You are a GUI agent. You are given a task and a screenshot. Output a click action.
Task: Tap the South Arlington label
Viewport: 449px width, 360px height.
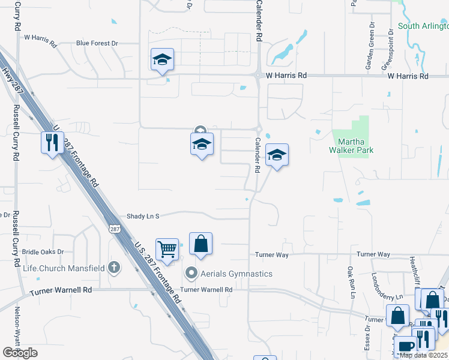pyautogui.click(x=423, y=26)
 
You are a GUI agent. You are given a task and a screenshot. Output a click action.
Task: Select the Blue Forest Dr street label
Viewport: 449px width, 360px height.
pyautogui.click(x=97, y=43)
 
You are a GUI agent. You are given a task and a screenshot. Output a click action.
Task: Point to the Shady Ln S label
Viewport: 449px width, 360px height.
pyautogui.click(x=142, y=216)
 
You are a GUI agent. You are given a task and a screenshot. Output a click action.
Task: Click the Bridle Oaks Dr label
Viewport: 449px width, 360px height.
pyautogui.click(x=43, y=252)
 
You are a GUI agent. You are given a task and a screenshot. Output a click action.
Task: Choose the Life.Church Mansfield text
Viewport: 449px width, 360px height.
pyautogui.click(x=64, y=268)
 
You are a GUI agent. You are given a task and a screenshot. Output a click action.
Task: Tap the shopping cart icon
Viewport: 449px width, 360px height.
pyautogui.click(x=167, y=247)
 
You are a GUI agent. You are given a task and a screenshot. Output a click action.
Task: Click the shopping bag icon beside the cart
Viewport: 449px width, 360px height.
pyautogui.click(x=201, y=244)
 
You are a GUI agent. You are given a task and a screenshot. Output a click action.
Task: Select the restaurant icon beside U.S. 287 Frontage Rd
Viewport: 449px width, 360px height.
pyautogui.click(x=52, y=142)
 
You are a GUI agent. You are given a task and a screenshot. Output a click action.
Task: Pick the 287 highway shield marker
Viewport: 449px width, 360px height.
pyautogui.click(x=114, y=229)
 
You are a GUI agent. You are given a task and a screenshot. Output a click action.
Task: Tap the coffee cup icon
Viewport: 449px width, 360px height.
pyautogui.click(x=406, y=346)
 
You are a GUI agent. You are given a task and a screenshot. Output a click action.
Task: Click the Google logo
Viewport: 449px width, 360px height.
pyautogui.click(x=20, y=353)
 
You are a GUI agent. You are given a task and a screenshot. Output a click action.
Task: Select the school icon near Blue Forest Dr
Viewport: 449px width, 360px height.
pyautogui.click(x=162, y=59)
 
